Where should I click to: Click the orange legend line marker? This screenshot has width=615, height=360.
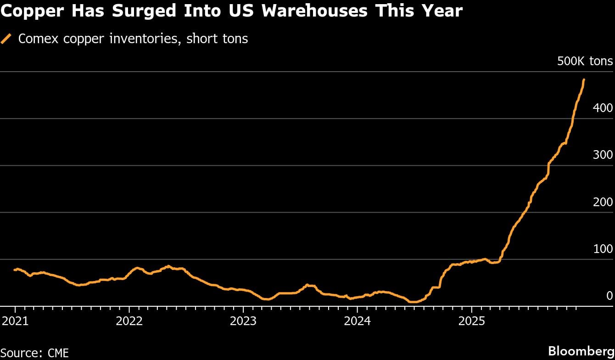pyautogui.click(x=6, y=39)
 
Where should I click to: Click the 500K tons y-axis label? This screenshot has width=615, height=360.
pyautogui.click(x=585, y=61)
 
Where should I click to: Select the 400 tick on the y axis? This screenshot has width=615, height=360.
pyautogui.click(x=603, y=108)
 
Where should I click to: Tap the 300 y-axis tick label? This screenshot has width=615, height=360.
pyautogui.click(x=603, y=155)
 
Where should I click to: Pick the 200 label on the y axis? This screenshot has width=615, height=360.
pyautogui.click(x=603, y=202)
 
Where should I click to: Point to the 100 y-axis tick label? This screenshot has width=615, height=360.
pyautogui.click(x=603, y=249)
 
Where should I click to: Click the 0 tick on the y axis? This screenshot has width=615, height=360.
pyautogui.click(x=609, y=296)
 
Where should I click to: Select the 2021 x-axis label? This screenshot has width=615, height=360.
pyautogui.click(x=15, y=320)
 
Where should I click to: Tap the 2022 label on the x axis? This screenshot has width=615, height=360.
pyautogui.click(x=129, y=320)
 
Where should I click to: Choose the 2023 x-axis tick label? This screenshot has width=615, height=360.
pyautogui.click(x=243, y=320)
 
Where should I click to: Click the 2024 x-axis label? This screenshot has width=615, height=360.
pyautogui.click(x=358, y=320)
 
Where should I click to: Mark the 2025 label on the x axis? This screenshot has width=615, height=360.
pyautogui.click(x=472, y=320)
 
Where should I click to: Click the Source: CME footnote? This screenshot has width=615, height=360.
pyautogui.click(x=35, y=353)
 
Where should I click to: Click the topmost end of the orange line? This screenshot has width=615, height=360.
pyautogui.click(x=583, y=80)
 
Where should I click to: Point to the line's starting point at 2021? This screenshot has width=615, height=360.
pyautogui.click(x=15, y=270)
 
